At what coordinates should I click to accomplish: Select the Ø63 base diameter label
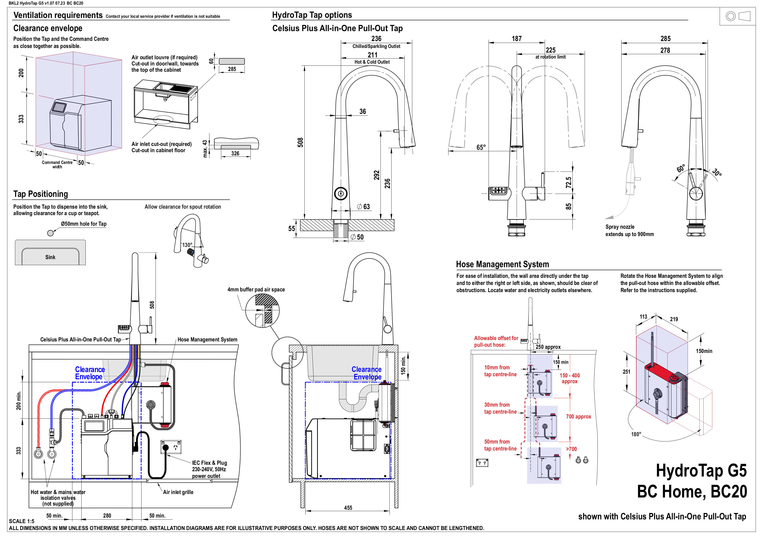(x=364, y=207)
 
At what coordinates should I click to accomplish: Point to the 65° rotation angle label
(x=481, y=147)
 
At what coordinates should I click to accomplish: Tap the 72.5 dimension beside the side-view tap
(x=569, y=182)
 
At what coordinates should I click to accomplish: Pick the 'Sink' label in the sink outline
(x=50, y=257)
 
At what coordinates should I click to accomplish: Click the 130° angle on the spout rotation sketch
(x=187, y=245)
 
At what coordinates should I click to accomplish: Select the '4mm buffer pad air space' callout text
(x=256, y=290)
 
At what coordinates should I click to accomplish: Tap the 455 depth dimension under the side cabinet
(x=348, y=508)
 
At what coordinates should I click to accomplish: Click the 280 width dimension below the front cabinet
(x=107, y=515)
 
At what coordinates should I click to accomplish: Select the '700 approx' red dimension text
(x=578, y=417)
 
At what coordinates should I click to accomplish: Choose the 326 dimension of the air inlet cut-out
(x=235, y=153)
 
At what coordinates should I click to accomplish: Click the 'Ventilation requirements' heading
(x=58, y=15)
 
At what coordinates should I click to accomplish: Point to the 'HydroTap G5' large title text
(x=701, y=471)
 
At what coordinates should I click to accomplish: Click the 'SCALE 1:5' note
(x=22, y=521)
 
